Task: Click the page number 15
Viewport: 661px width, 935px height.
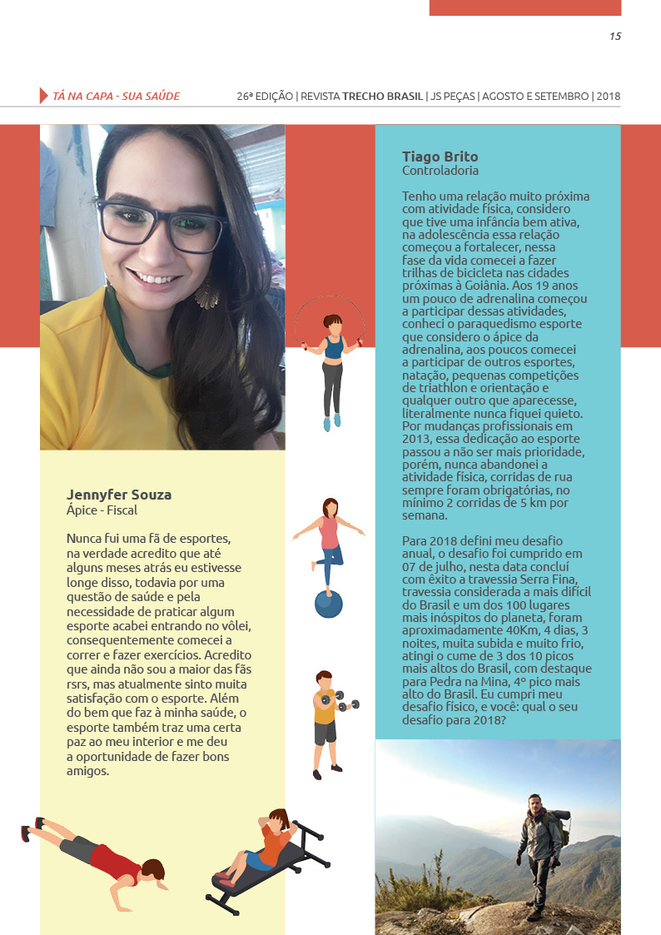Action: tap(615, 36)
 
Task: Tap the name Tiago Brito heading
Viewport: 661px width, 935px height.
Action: tap(440, 157)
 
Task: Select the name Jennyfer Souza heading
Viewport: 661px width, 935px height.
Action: tap(119, 495)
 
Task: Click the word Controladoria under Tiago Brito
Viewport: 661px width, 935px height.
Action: tap(440, 171)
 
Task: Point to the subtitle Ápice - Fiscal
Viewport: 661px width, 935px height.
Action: tap(102, 510)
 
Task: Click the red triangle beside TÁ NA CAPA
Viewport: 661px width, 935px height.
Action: tap(43, 96)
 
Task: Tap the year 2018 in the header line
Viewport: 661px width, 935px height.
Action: tap(609, 97)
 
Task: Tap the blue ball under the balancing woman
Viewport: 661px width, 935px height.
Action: tap(328, 604)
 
